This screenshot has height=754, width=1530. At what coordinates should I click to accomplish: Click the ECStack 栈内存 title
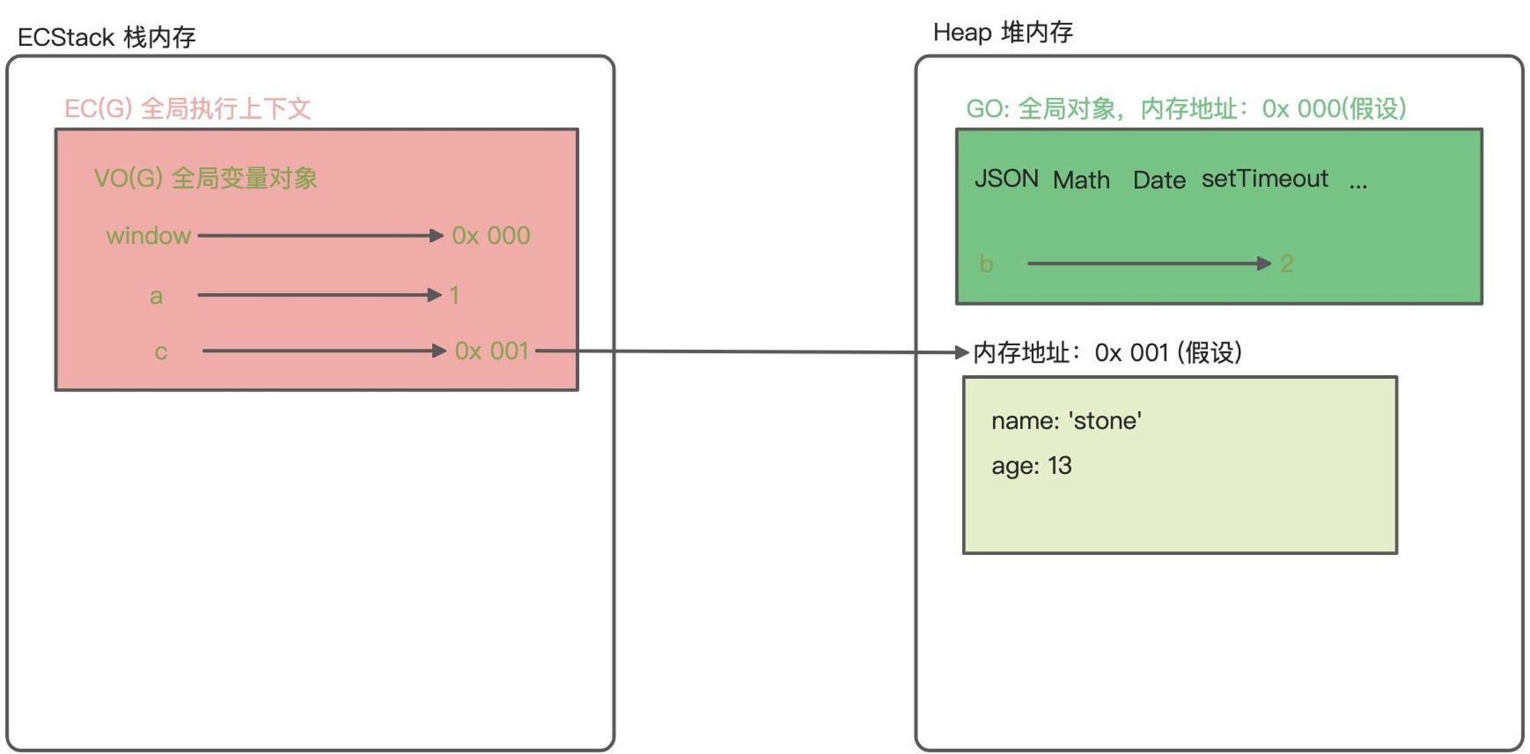pyautogui.click(x=106, y=37)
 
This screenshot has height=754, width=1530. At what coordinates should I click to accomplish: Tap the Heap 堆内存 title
pyautogui.click(x=1003, y=32)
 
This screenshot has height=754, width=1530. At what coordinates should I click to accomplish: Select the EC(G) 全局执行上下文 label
pyautogui.click(x=187, y=109)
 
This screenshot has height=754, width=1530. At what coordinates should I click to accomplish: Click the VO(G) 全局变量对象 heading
pyautogui.click(x=205, y=178)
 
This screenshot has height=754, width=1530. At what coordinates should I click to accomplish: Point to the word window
pyautogui.click(x=148, y=236)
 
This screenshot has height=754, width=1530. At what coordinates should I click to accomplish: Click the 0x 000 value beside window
pyautogui.click(x=491, y=236)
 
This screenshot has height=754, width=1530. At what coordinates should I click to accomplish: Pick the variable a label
pyautogui.click(x=156, y=296)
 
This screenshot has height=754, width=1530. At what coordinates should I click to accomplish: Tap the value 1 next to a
pyautogui.click(x=454, y=295)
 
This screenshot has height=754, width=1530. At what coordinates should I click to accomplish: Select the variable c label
pyautogui.click(x=161, y=352)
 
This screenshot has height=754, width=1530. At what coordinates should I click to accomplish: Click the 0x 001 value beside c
pyautogui.click(x=492, y=351)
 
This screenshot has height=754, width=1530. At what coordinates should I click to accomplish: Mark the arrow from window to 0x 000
pyautogui.click(x=321, y=236)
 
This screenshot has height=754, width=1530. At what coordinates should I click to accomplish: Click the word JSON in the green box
pyautogui.click(x=1007, y=178)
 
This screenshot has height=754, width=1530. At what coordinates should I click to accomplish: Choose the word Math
pyautogui.click(x=1081, y=180)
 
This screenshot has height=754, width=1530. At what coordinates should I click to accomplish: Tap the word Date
pyautogui.click(x=1159, y=180)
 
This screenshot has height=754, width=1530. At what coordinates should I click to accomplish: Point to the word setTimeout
pyautogui.click(x=1265, y=178)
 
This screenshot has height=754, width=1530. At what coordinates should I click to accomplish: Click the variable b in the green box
pyautogui.click(x=986, y=264)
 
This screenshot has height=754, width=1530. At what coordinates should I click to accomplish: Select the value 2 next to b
pyautogui.click(x=1287, y=264)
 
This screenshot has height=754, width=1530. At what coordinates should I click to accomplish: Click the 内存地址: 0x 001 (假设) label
pyautogui.click(x=1108, y=353)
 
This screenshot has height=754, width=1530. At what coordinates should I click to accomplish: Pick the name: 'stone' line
pyautogui.click(x=1066, y=420)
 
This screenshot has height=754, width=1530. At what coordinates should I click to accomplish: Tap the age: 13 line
pyautogui.click(x=1031, y=465)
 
